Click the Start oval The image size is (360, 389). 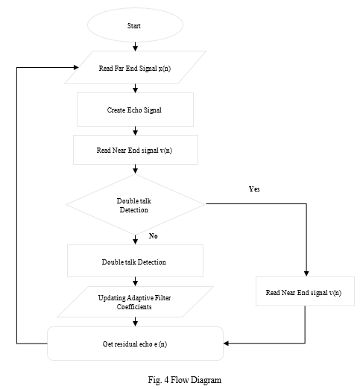(135, 25)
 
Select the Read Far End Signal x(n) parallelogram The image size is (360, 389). (135, 68)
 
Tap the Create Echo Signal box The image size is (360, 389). (135, 110)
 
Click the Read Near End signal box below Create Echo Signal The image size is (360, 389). (136, 150)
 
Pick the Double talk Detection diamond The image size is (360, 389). (136, 204)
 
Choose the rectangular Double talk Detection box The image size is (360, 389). (135, 261)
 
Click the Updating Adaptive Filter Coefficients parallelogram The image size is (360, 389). (135, 302)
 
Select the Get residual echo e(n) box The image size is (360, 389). (135, 344)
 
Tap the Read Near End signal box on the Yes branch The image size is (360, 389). (305, 291)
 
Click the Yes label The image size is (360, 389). (254, 189)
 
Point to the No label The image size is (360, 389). (153, 236)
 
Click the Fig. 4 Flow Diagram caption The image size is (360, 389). (185, 380)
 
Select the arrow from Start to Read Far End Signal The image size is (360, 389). (135, 46)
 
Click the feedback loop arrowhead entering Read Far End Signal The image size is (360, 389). (76, 67)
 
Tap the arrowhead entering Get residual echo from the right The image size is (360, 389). (226, 344)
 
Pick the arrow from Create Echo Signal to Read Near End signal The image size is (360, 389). (135, 130)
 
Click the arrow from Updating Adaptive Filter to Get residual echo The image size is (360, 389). (135, 322)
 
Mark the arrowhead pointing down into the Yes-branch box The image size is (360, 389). (306, 273)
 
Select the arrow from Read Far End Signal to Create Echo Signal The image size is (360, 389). (135, 89)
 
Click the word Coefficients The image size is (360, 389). (134, 307)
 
